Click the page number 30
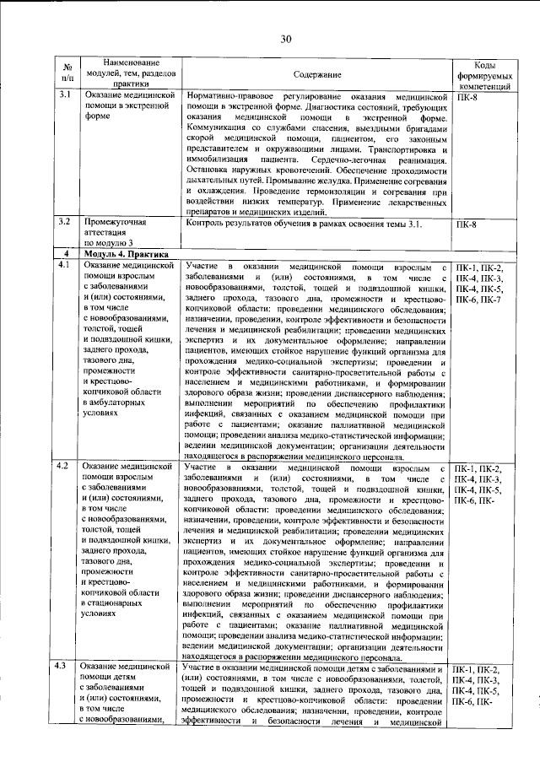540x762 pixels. pyautogui.click(x=286, y=39)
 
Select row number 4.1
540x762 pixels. pyautogui.click(x=63, y=266)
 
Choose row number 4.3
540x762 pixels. pyautogui.click(x=63, y=668)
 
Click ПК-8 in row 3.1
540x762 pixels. pyautogui.click(x=465, y=97)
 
